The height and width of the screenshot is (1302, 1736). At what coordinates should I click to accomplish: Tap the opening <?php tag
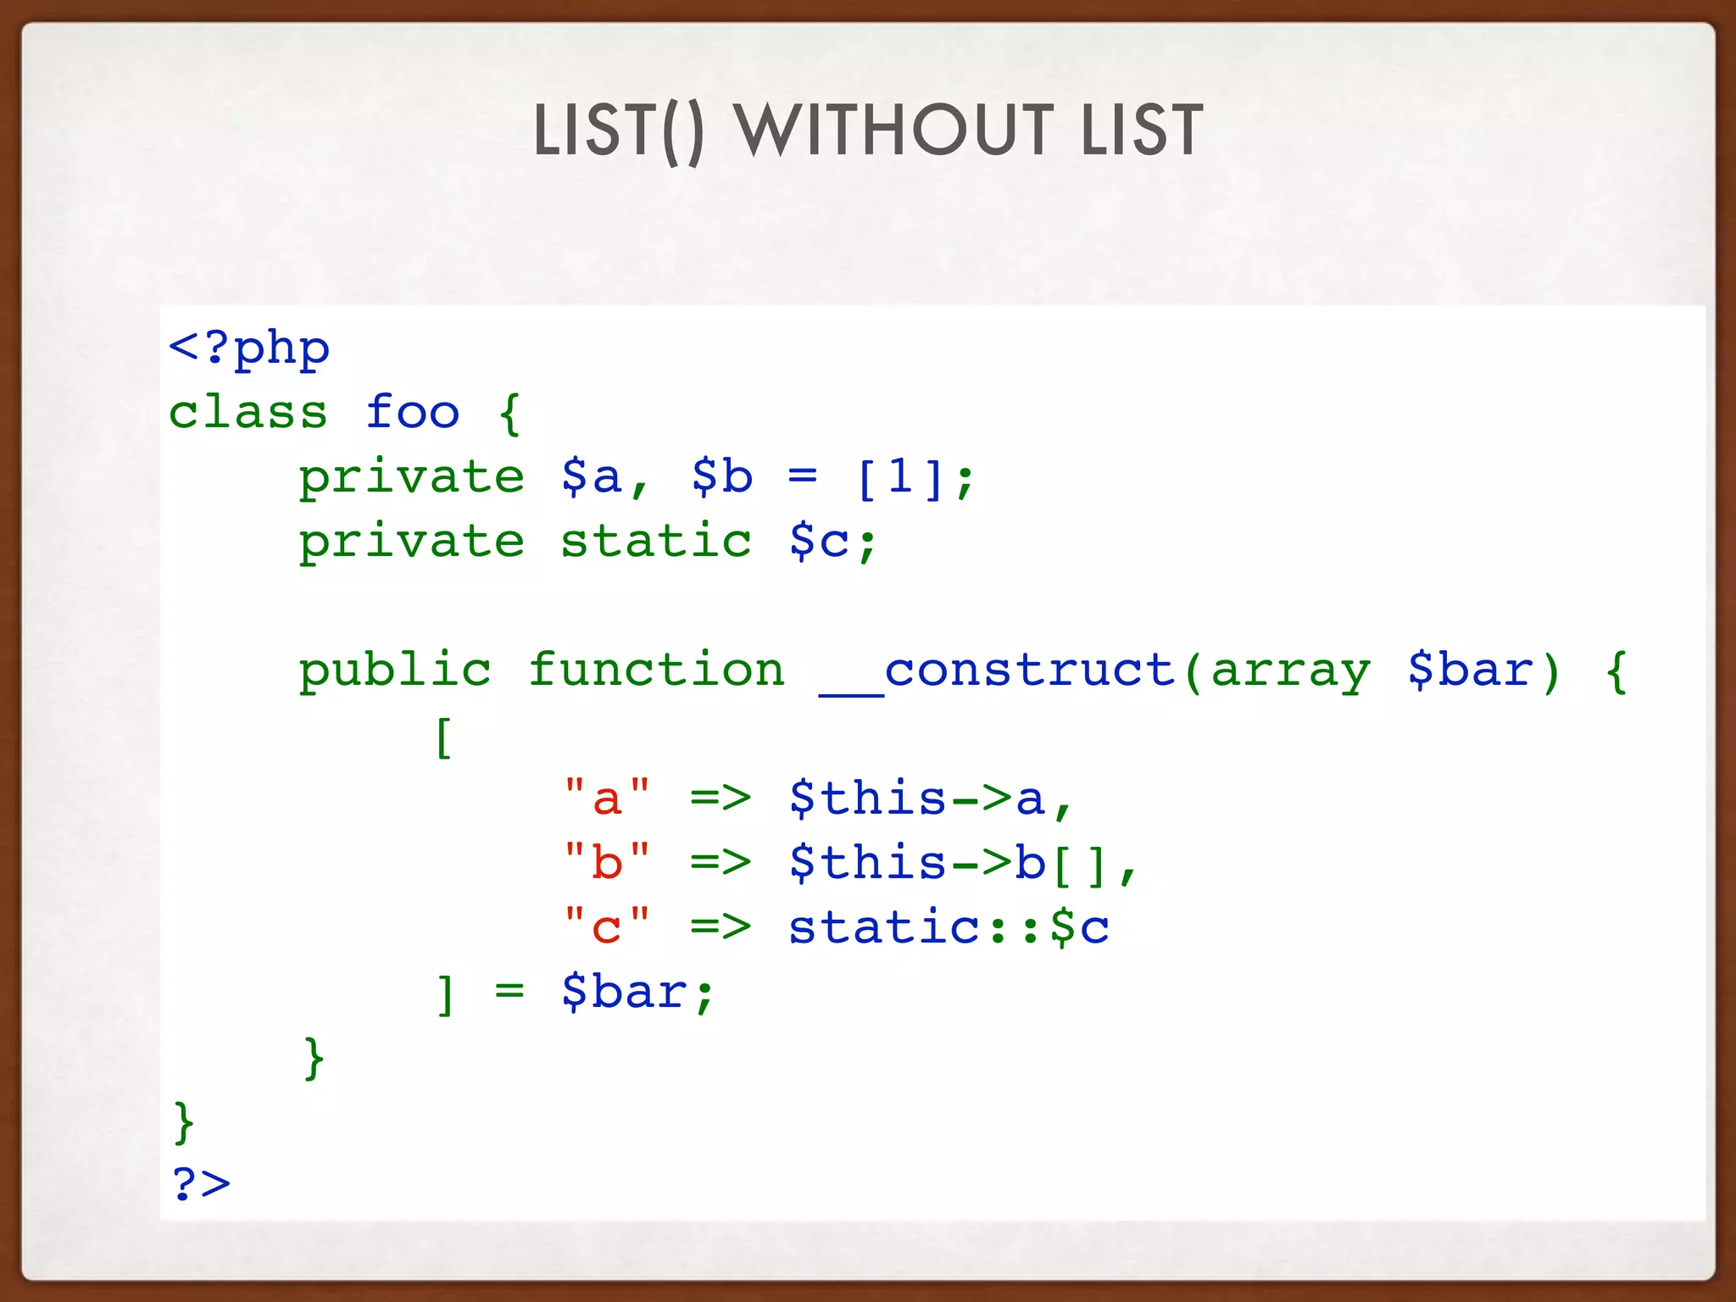pyautogui.click(x=249, y=348)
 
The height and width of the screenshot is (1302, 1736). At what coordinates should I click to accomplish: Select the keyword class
pyautogui.click(x=248, y=413)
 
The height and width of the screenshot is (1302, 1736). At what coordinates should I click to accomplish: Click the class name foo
pyautogui.click(x=413, y=413)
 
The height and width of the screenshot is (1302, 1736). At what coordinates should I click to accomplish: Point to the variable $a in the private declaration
pyautogui.click(x=591, y=476)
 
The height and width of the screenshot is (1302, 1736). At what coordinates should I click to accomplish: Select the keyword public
pyautogui.click(x=395, y=671)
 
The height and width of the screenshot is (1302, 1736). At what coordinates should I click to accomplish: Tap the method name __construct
pyautogui.click(x=997, y=671)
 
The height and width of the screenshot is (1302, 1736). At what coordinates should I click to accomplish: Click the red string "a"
pyautogui.click(x=607, y=798)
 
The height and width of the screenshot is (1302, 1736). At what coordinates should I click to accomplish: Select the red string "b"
pyautogui.click(x=607, y=862)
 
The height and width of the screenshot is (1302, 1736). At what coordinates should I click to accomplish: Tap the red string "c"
pyautogui.click(x=607, y=926)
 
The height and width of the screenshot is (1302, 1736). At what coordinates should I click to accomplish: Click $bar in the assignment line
pyautogui.click(x=625, y=992)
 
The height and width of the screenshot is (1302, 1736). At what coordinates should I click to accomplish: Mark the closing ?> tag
pyautogui.click(x=201, y=1183)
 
